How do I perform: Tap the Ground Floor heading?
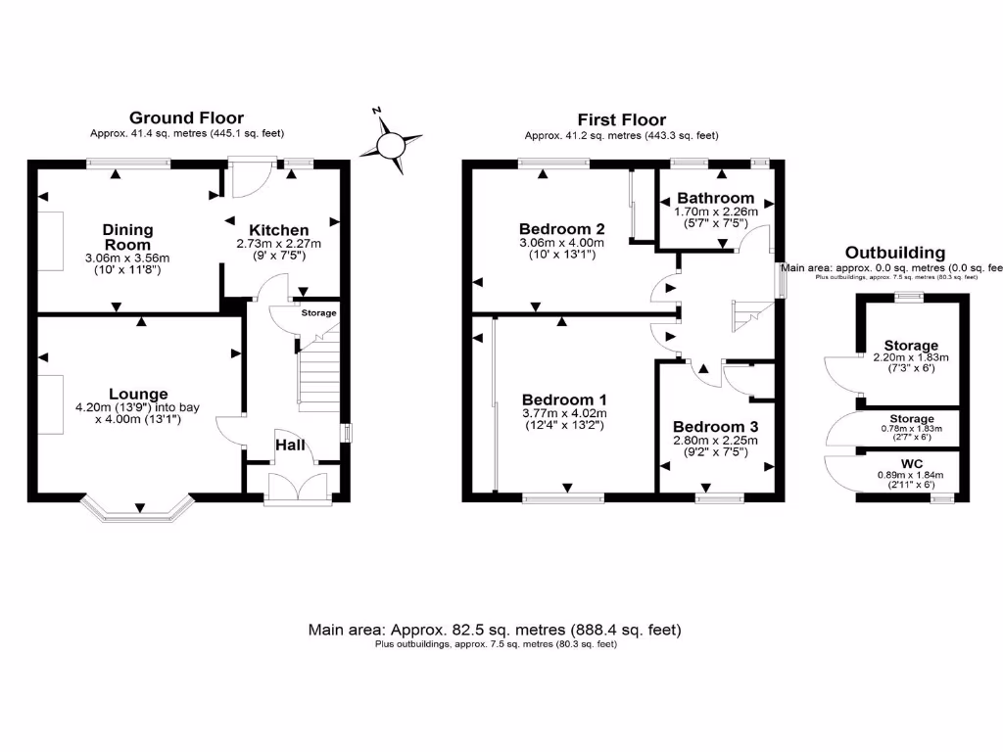186,117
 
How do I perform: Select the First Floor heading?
621,119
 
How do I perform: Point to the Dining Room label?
127,237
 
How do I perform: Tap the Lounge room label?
138,394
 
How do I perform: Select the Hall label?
291,446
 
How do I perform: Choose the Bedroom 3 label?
715,427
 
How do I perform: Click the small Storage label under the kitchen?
317,313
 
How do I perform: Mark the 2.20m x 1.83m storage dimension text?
911,357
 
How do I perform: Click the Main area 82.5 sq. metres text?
495,629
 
